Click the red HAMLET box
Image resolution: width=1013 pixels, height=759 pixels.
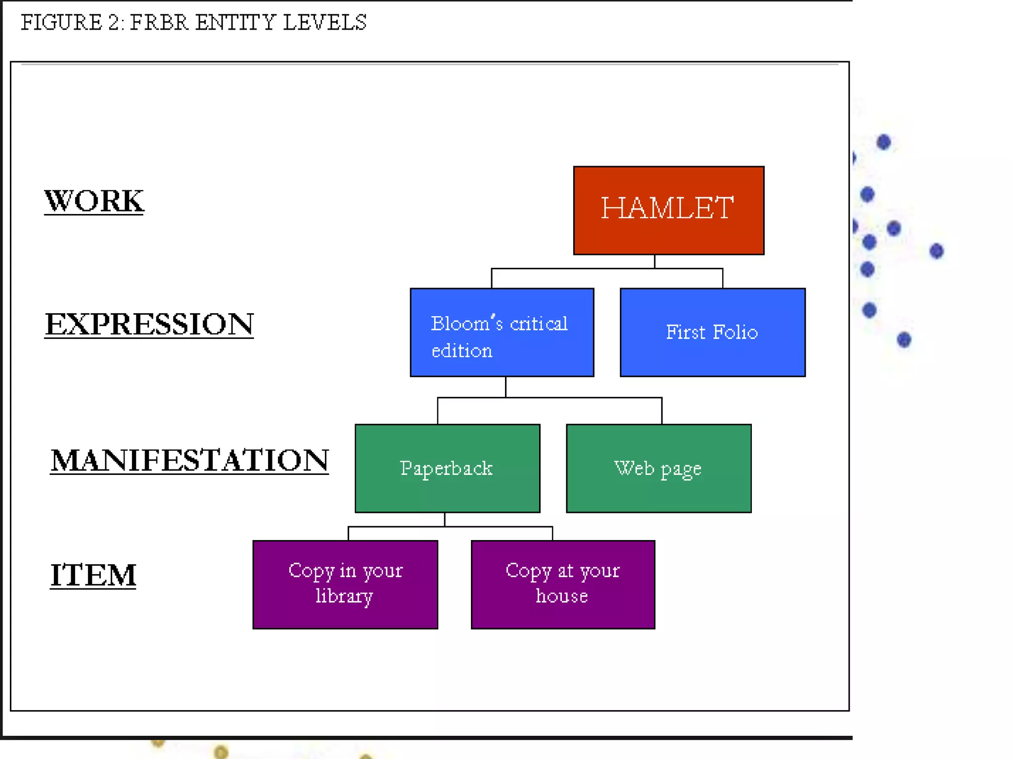[668, 211]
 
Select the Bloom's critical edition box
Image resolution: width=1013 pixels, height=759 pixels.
[502, 332]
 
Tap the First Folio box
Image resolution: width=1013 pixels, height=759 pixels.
[712, 332]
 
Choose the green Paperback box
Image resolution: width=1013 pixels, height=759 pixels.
[447, 468]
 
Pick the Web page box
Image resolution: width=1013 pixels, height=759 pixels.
[658, 468]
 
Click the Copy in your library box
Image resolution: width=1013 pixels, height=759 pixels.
[345, 584]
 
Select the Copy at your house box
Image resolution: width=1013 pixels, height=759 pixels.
[563, 584]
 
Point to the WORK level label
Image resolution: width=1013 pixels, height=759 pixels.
[94, 201]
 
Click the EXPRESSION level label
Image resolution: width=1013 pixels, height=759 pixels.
[149, 324]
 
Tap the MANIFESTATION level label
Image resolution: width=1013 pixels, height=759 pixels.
[189, 460]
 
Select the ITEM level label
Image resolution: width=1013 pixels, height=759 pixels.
[93, 575]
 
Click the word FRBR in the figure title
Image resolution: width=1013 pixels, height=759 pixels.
[159, 23]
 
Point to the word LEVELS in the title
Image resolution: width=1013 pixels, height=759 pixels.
[324, 23]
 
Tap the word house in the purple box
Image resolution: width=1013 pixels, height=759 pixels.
[562, 596]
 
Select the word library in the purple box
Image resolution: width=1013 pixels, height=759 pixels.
[344, 596]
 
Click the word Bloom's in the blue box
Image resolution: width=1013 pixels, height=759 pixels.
[467, 323]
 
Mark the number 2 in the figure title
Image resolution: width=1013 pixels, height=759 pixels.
[113, 23]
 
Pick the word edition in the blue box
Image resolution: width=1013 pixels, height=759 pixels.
[462, 351]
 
